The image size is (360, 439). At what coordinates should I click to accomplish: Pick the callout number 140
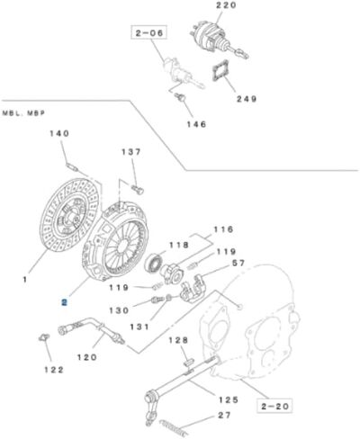58,134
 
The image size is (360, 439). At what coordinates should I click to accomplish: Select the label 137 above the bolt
131,152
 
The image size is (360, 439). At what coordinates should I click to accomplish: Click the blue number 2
63,303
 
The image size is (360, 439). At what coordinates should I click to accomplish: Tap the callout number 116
223,230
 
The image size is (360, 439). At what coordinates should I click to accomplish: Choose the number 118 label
179,245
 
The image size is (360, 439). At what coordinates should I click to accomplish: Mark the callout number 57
238,264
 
